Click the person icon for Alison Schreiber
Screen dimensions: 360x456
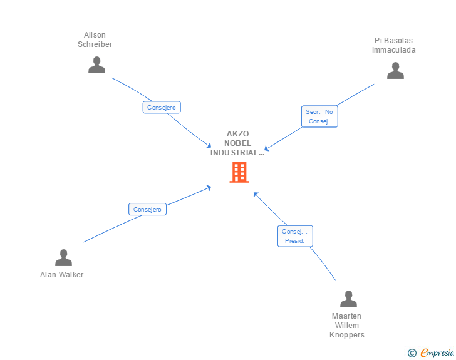[96, 65]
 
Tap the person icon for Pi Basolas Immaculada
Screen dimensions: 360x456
[395, 71]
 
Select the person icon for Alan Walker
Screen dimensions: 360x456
[63, 257]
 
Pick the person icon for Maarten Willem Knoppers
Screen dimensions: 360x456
[348, 299]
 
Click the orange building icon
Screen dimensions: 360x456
[239, 172]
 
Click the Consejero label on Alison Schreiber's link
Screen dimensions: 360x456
[162, 107]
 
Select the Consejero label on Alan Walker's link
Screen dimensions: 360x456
[147, 209]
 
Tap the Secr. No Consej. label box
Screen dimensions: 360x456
[319, 116]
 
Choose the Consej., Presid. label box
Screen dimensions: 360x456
[294, 236]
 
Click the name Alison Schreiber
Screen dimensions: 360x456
[95, 39]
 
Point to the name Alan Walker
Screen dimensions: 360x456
[61, 275]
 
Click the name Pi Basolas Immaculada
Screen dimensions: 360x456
[393, 45]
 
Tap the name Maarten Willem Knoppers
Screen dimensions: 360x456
[347, 326]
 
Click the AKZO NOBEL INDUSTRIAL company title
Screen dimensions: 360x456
[237, 143]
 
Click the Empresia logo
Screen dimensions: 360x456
[437, 353]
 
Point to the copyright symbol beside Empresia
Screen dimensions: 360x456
[412, 353]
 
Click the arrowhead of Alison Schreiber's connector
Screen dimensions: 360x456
[210, 146]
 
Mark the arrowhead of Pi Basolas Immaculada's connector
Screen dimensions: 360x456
[266, 149]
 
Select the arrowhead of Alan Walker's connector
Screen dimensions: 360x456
[209, 187]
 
